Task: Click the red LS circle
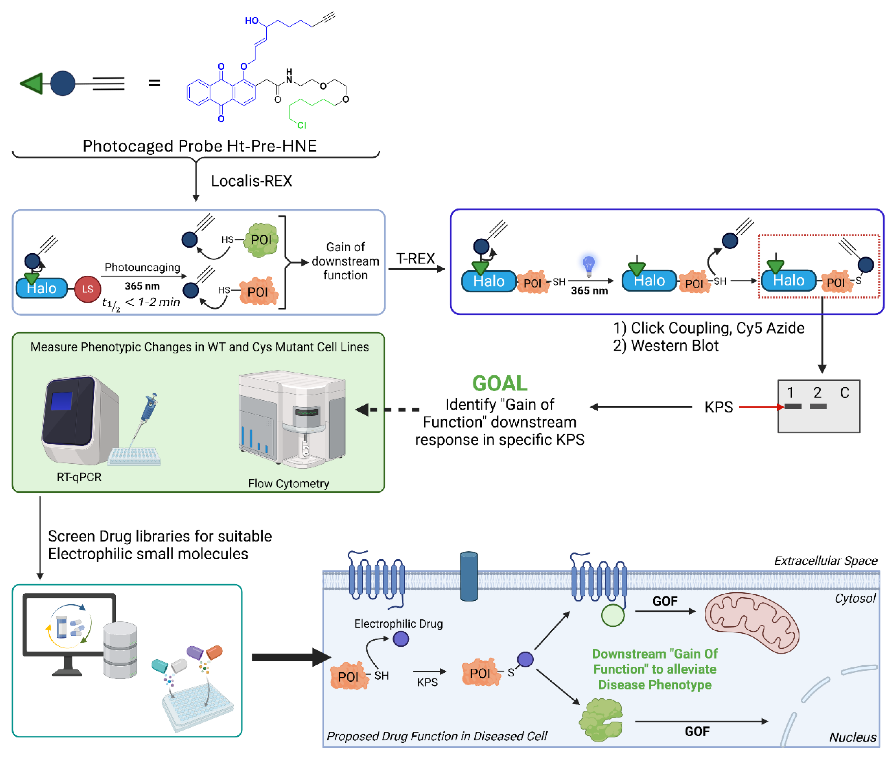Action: pyautogui.click(x=88, y=289)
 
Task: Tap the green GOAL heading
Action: pyautogui.click(x=500, y=383)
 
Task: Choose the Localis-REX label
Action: pyautogui.click(x=251, y=181)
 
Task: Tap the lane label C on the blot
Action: pyautogui.click(x=844, y=392)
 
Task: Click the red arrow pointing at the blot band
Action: pyautogui.click(x=761, y=407)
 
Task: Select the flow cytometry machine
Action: pyautogui.click(x=292, y=419)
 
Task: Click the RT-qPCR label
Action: pyautogui.click(x=79, y=477)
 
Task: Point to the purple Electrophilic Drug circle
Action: pyautogui.click(x=401, y=639)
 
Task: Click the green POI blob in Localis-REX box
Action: pyautogui.click(x=261, y=240)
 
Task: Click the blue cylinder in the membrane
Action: pyautogui.click(x=469, y=576)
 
